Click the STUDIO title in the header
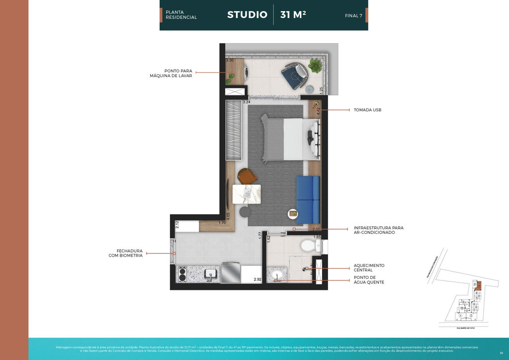click(247, 15)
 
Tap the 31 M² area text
click(293, 15)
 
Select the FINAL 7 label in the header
click(353, 16)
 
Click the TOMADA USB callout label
click(367, 110)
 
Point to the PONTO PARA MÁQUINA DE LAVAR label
click(171, 73)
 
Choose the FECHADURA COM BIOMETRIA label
click(126, 253)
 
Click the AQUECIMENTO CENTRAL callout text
click(369, 268)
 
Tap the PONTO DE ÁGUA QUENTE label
click(369, 280)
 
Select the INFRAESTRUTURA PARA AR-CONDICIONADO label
click(378, 230)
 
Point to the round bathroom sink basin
click(276, 274)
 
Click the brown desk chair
click(246, 176)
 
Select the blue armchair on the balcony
click(294, 75)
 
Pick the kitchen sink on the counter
click(210, 273)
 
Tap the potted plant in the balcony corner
click(315, 65)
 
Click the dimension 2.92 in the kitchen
click(257, 280)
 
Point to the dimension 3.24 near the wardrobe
click(246, 102)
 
